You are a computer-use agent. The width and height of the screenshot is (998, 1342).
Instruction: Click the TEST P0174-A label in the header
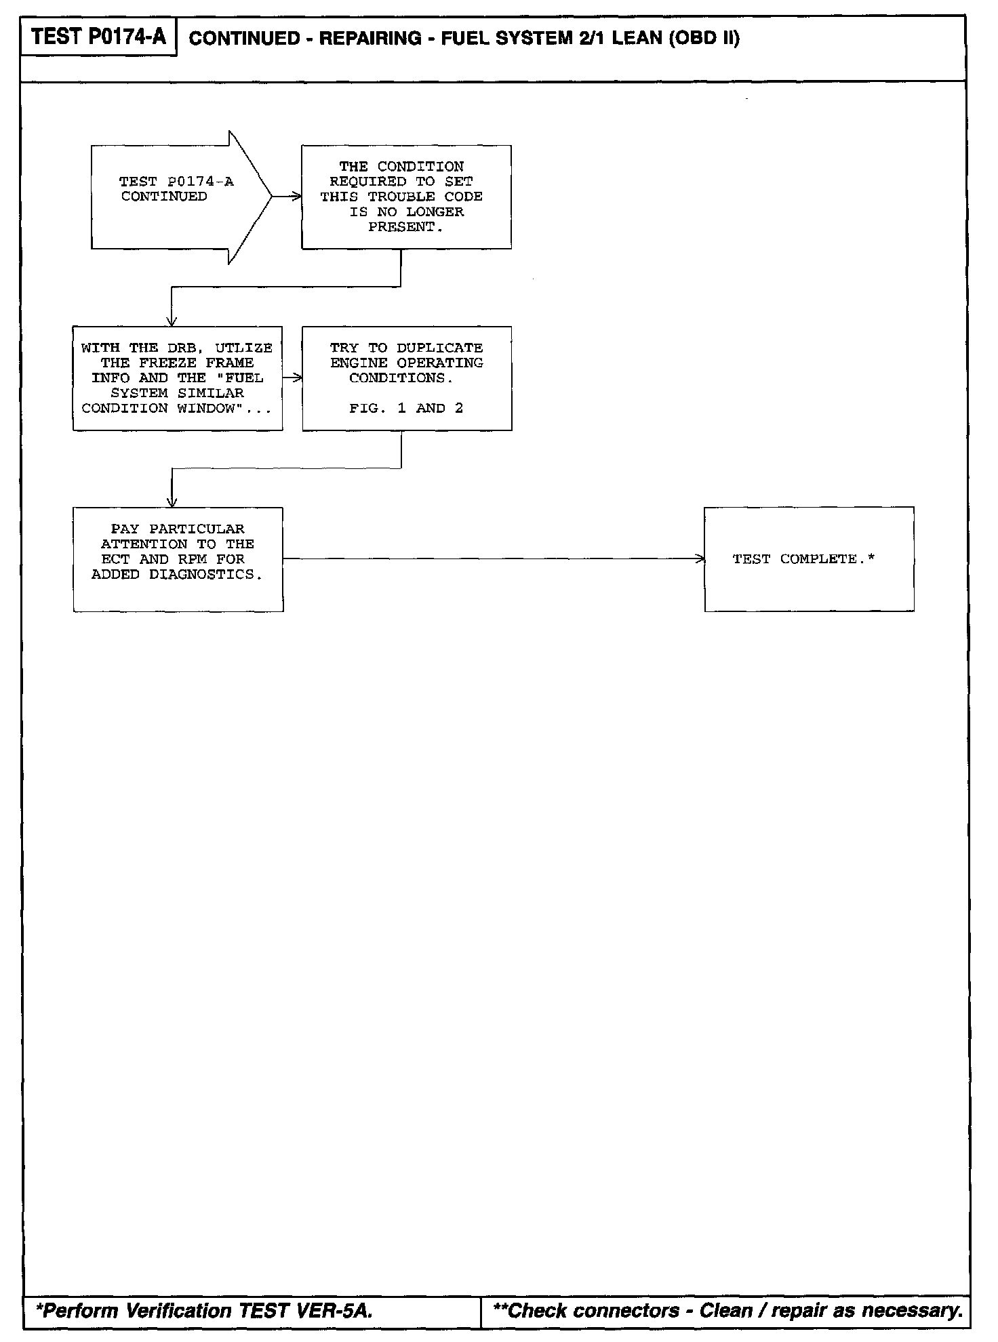point(98,37)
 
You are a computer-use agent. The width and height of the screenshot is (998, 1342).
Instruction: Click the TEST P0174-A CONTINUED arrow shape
point(176,197)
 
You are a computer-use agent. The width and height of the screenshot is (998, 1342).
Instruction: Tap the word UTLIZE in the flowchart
point(243,348)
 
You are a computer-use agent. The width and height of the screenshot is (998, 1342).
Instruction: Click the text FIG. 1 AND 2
point(405,408)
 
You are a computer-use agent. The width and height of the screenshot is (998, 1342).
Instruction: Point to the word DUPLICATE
point(439,348)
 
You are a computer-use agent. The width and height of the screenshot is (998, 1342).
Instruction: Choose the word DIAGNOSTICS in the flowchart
point(205,574)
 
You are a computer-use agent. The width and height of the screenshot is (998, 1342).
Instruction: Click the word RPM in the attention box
point(193,559)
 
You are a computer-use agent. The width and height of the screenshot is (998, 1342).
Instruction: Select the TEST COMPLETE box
point(809,559)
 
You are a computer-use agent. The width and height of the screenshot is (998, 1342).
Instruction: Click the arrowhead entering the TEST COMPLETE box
point(700,559)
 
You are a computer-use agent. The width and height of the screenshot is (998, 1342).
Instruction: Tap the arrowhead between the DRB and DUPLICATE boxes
point(298,378)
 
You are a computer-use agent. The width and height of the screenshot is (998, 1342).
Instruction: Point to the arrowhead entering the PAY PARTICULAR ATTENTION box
point(172,502)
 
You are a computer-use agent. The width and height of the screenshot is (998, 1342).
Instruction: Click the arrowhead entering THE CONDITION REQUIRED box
point(297,197)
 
